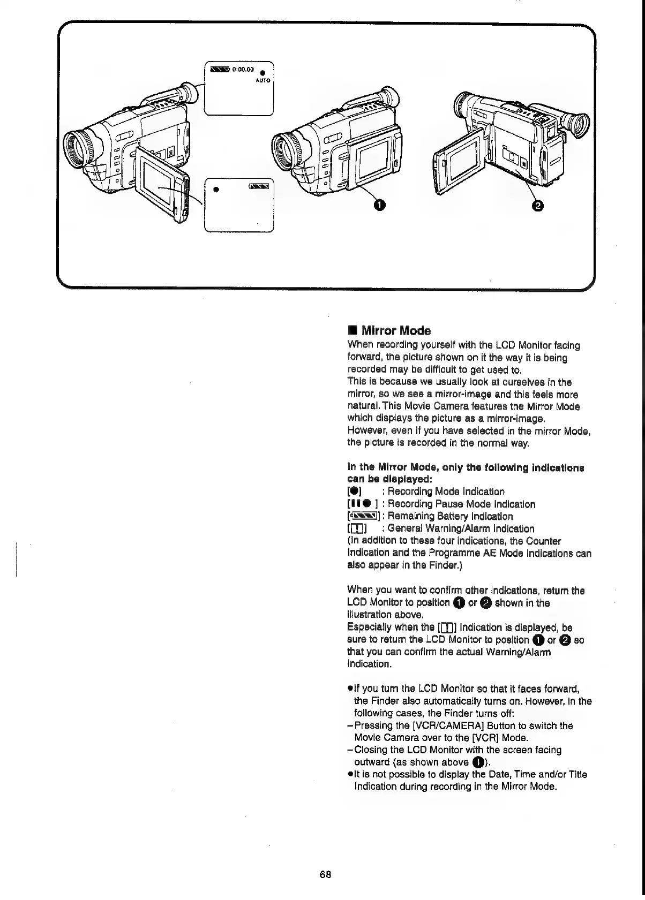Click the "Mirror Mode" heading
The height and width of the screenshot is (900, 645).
click(x=396, y=330)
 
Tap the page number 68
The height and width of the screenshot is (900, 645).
click(x=325, y=874)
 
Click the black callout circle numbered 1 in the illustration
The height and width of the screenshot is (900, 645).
click(x=379, y=205)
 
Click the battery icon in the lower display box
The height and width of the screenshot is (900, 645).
click(x=259, y=186)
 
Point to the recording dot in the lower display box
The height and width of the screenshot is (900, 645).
click(x=216, y=189)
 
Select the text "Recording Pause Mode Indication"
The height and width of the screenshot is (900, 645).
click(x=461, y=504)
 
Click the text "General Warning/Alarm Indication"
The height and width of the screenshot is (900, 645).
click(x=461, y=529)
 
